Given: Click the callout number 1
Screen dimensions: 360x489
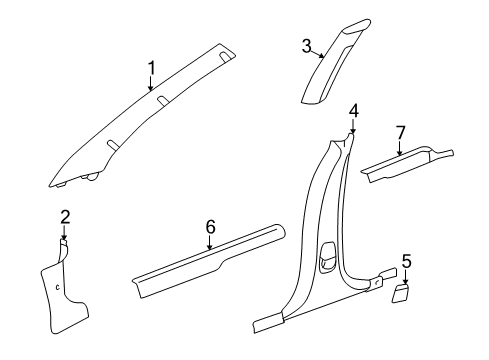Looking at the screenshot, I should (151, 68).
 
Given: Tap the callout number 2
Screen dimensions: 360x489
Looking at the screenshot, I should (65, 216).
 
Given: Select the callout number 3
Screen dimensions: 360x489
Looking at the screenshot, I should (307, 44).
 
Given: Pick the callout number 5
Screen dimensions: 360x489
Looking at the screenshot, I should (406, 262).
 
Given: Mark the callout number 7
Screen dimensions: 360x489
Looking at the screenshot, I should (400, 132).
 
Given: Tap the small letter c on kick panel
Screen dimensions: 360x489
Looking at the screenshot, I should (56, 288).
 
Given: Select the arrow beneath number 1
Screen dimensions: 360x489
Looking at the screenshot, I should (152, 86).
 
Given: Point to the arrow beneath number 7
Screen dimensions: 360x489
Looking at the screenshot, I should (400, 148).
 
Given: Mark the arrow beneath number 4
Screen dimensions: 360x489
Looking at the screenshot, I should (354, 125).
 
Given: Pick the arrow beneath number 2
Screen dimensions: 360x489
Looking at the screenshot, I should (65, 232).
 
